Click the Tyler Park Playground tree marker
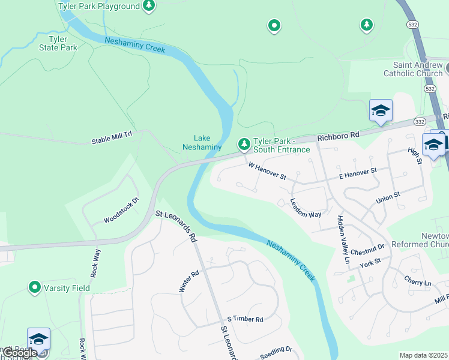(149, 7)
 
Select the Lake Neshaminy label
(202, 142)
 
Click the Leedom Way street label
(306, 208)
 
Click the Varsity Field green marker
(35, 288)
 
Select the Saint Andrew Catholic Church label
(417, 69)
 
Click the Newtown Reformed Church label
(420, 240)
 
